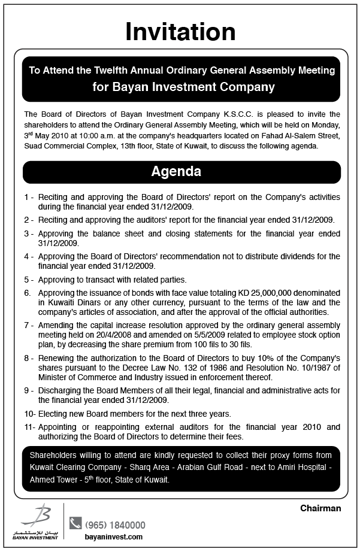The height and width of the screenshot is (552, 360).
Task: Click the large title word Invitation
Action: pyautogui.click(x=180, y=31)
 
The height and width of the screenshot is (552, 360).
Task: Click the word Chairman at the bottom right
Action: pyautogui.click(x=320, y=508)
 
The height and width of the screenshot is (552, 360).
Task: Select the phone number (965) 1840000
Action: pyautogui.click(x=115, y=524)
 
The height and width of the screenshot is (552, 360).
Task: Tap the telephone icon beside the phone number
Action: pyautogui.click(x=75, y=523)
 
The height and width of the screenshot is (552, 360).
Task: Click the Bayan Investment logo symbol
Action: pyautogui.click(x=41, y=515)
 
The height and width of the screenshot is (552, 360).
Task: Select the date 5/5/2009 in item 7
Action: pyautogui.click(x=193, y=335)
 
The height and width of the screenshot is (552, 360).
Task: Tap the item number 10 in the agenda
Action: pyautogui.click(x=29, y=414)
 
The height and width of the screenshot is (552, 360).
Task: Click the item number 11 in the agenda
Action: pyautogui.click(x=29, y=427)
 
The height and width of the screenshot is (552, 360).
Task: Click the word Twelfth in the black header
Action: pyautogui.click(x=113, y=70)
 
